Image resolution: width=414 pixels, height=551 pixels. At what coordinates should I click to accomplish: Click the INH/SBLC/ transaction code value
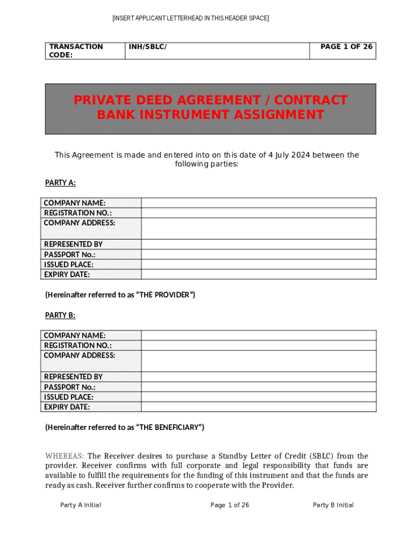point(148,47)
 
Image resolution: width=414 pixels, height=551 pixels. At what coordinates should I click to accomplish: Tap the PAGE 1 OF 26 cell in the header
point(346,47)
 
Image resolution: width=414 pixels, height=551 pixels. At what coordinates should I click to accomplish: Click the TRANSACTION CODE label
point(76,51)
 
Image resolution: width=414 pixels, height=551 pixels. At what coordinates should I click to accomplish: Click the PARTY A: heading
point(60,183)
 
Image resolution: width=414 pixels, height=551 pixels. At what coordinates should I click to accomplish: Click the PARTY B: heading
point(60,315)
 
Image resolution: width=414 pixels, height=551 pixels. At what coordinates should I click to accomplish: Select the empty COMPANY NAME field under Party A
point(258,203)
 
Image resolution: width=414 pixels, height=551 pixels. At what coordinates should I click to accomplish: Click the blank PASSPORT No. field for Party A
point(258,255)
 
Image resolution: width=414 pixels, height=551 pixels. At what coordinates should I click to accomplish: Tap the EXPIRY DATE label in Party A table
point(67,274)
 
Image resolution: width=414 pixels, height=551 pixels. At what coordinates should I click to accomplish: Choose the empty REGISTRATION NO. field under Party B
point(258,345)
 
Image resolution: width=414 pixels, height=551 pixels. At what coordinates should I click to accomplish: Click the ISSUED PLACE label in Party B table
point(68,397)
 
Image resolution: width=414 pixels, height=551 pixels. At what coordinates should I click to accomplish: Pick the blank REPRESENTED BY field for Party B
point(258,377)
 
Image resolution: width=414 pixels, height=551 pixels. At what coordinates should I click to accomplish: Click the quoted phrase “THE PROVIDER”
point(167,295)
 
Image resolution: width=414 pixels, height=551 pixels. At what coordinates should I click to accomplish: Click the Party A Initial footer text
point(81,505)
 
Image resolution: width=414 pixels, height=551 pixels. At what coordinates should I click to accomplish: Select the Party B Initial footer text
point(333,505)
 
